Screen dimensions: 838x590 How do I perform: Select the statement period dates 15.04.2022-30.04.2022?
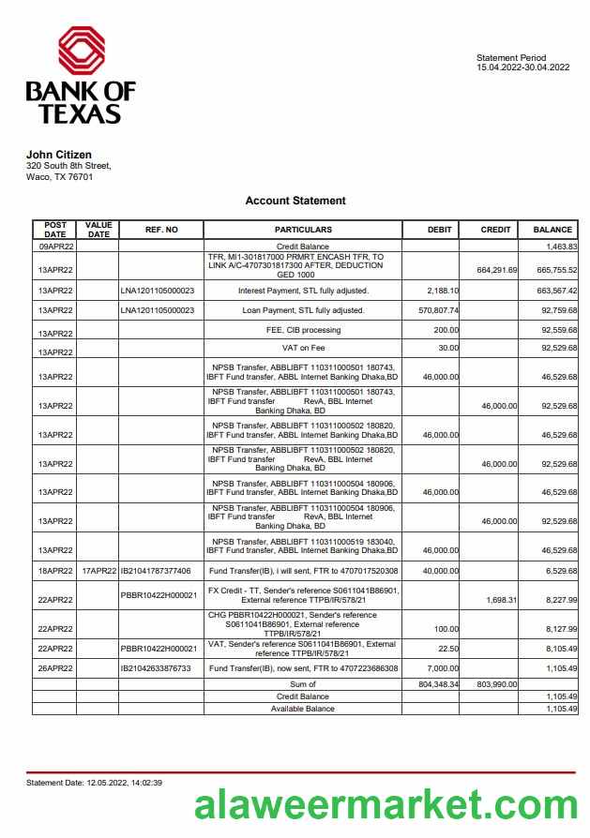522,67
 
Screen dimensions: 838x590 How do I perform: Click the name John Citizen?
58,155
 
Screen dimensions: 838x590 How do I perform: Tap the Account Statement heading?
295,201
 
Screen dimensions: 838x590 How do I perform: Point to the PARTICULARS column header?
303,230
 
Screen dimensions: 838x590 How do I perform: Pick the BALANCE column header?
552,230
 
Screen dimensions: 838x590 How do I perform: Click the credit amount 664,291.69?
497,270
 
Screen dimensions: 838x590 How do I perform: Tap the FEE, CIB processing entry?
303,330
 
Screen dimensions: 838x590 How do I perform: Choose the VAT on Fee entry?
303,348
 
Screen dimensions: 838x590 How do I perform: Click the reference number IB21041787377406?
156,571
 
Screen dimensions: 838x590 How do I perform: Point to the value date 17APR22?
99,571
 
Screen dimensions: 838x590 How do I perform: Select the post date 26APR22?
55,668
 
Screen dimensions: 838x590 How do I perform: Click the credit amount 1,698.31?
500,599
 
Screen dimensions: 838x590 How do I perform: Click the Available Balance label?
302,709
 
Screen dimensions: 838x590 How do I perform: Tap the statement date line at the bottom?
94,782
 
